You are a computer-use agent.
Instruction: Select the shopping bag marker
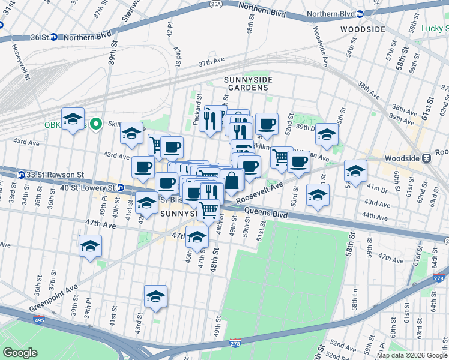click(231, 179)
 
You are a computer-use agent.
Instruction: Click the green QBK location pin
click(95, 124)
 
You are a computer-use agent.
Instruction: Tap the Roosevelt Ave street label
click(259, 193)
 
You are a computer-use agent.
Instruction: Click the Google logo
click(20, 352)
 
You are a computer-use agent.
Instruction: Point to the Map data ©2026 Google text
click(411, 355)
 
